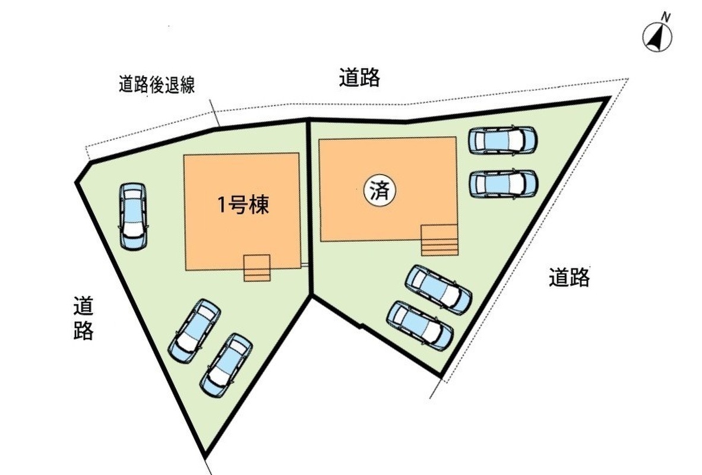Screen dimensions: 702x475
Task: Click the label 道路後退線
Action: point(156,85)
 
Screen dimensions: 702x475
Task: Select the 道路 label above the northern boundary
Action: point(359,78)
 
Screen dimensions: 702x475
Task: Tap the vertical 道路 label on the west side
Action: point(84,319)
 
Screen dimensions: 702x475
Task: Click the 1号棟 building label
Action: point(242,205)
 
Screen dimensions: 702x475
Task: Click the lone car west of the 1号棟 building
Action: point(133,216)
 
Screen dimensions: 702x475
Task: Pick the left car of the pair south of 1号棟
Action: point(195,330)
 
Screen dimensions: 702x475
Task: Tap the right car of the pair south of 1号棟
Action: point(226,365)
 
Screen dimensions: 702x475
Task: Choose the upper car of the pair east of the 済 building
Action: point(502,140)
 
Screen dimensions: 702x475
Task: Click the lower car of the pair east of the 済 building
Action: point(503,183)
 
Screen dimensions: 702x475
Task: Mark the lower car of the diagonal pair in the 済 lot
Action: point(419,325)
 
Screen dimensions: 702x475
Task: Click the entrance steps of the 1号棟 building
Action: point(257,268)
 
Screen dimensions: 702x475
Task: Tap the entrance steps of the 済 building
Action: point(440,240)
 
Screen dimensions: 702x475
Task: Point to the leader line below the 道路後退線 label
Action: point(215,113)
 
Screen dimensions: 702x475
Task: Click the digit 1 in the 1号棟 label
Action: point(221,206)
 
